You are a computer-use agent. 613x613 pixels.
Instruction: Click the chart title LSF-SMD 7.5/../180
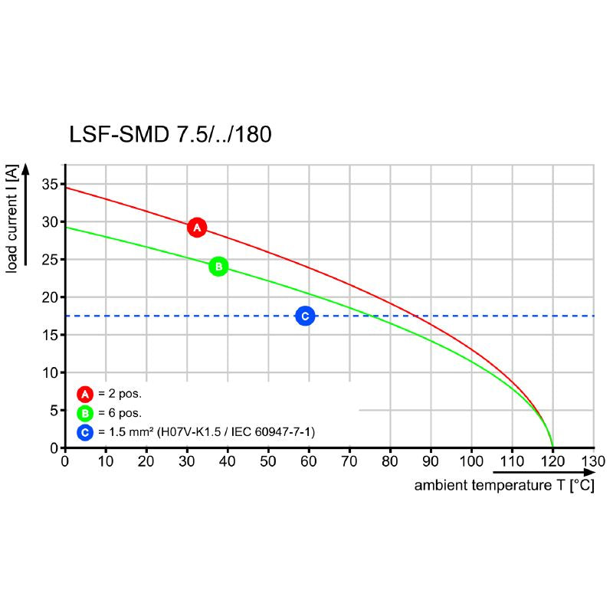pos(170,135)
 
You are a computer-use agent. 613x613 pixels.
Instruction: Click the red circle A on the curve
pos(197,228)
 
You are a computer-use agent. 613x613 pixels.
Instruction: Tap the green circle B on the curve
pos(218,267)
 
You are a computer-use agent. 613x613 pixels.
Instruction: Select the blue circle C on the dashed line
pos(305,316)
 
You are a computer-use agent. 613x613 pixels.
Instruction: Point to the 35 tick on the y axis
pos(49,184)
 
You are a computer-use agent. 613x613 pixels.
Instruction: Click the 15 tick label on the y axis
pos(49,335)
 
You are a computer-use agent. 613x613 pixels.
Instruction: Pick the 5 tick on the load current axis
pos(54,411)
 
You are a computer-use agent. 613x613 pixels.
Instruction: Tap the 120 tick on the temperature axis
pos(552,461)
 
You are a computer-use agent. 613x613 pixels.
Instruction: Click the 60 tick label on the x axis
pos(309,461)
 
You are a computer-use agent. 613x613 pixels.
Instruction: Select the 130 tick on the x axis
pos(593,461)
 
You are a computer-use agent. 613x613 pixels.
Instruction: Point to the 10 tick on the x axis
pos(106,461)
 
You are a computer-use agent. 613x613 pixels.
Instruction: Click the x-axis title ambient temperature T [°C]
pos(504,486)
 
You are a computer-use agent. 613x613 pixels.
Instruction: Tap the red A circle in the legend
pos(85,395)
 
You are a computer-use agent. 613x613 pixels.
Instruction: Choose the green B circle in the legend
pos(85,414)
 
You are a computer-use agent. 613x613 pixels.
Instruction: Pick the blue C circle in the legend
pos(85,433)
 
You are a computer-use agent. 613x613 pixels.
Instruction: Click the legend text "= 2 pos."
pos(120,395)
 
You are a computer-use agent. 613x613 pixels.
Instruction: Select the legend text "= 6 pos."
pos(120,414)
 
